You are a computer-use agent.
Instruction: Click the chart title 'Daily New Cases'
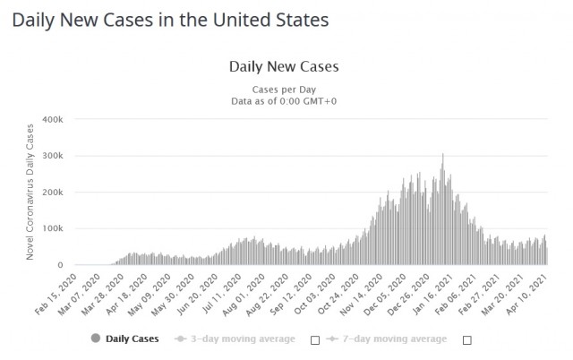click(284, 66)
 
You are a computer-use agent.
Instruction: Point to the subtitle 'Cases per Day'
click(284, 89)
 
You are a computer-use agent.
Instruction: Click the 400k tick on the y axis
click(51, 119)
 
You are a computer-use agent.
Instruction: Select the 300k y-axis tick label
click(51, 156)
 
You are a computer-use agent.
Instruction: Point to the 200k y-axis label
click(51, 193)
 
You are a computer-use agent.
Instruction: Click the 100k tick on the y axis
click(51, 229)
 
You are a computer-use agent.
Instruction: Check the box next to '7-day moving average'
click(466, 340)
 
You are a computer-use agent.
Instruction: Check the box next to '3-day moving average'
click(314, 340)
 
